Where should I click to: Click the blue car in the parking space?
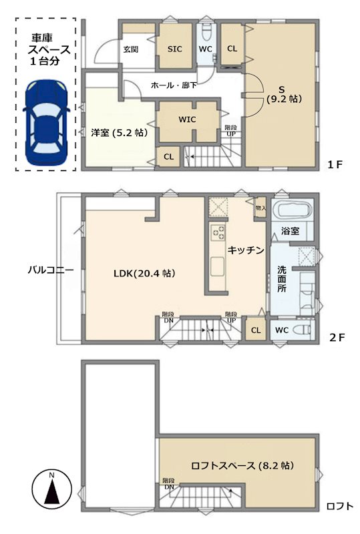tap(46, 123)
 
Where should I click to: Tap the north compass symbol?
tap(51, 489)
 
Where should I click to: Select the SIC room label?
tap(175, 49)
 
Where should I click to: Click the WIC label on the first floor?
tap(187, 119)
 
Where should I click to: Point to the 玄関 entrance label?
tap(130, 49)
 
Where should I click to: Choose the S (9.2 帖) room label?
tap(284, 94)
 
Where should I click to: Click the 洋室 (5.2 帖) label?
tap(119, 132)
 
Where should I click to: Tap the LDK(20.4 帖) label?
tap(144, 273)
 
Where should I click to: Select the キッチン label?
tap(246, 250)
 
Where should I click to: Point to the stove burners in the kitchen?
tap(218, 232)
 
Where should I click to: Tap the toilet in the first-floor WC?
tap(206, 33)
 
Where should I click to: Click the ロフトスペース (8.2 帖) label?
tap(242, 465)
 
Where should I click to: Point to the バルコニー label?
tap(51, 271)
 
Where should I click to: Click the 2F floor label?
tap(337, 338)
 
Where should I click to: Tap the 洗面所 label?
tap(282, 279)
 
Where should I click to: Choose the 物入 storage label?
tap(260, 208)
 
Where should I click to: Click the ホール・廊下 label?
tap(174, 85)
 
